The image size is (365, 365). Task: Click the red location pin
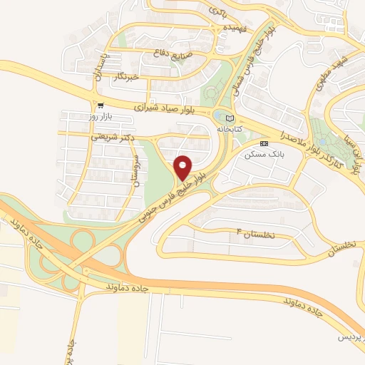[183, 168]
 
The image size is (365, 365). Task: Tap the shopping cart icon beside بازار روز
[100, 104]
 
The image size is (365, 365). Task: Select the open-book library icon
[229, 118]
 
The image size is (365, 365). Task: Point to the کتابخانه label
[229, 130]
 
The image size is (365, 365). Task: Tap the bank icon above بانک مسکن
[264, 143]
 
